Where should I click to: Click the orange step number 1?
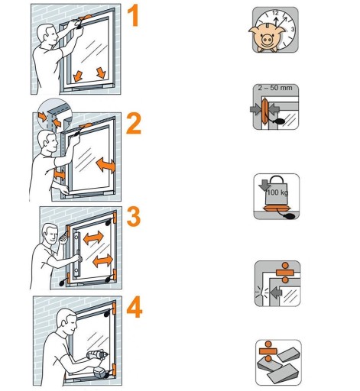134,16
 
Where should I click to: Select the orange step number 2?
134,124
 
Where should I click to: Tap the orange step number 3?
134,217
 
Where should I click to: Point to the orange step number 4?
135,307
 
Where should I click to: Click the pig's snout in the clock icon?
267,40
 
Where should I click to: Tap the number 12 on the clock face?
275,13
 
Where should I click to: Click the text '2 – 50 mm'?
275,88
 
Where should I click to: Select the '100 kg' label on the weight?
277,192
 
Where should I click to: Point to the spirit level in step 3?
76,254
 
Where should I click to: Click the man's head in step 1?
46,34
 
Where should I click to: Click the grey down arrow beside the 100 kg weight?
264,185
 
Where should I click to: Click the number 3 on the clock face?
293,29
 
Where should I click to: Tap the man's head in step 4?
66,322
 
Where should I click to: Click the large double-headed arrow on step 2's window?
105,165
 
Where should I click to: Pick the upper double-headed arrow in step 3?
93,238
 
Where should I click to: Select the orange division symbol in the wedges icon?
268,351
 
